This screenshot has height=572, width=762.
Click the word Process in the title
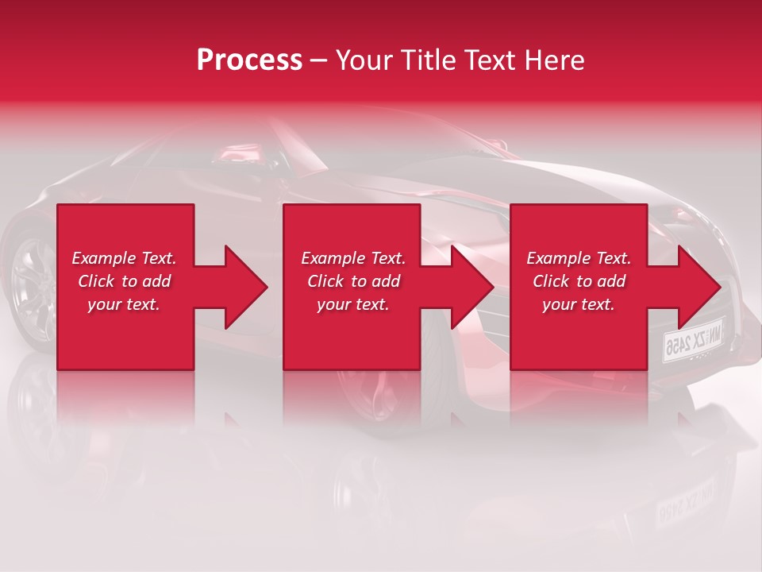(249, 60)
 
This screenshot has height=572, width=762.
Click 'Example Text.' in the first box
(124, 258)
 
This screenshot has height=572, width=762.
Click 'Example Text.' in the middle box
(353, 258)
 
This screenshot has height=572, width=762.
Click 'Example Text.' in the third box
(579, 258)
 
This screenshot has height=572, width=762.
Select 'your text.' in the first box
(124, 304)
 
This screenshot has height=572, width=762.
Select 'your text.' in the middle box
(353, 304)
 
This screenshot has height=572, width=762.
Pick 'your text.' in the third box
(579, 304)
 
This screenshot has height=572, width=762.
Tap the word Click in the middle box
(326, 281)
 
